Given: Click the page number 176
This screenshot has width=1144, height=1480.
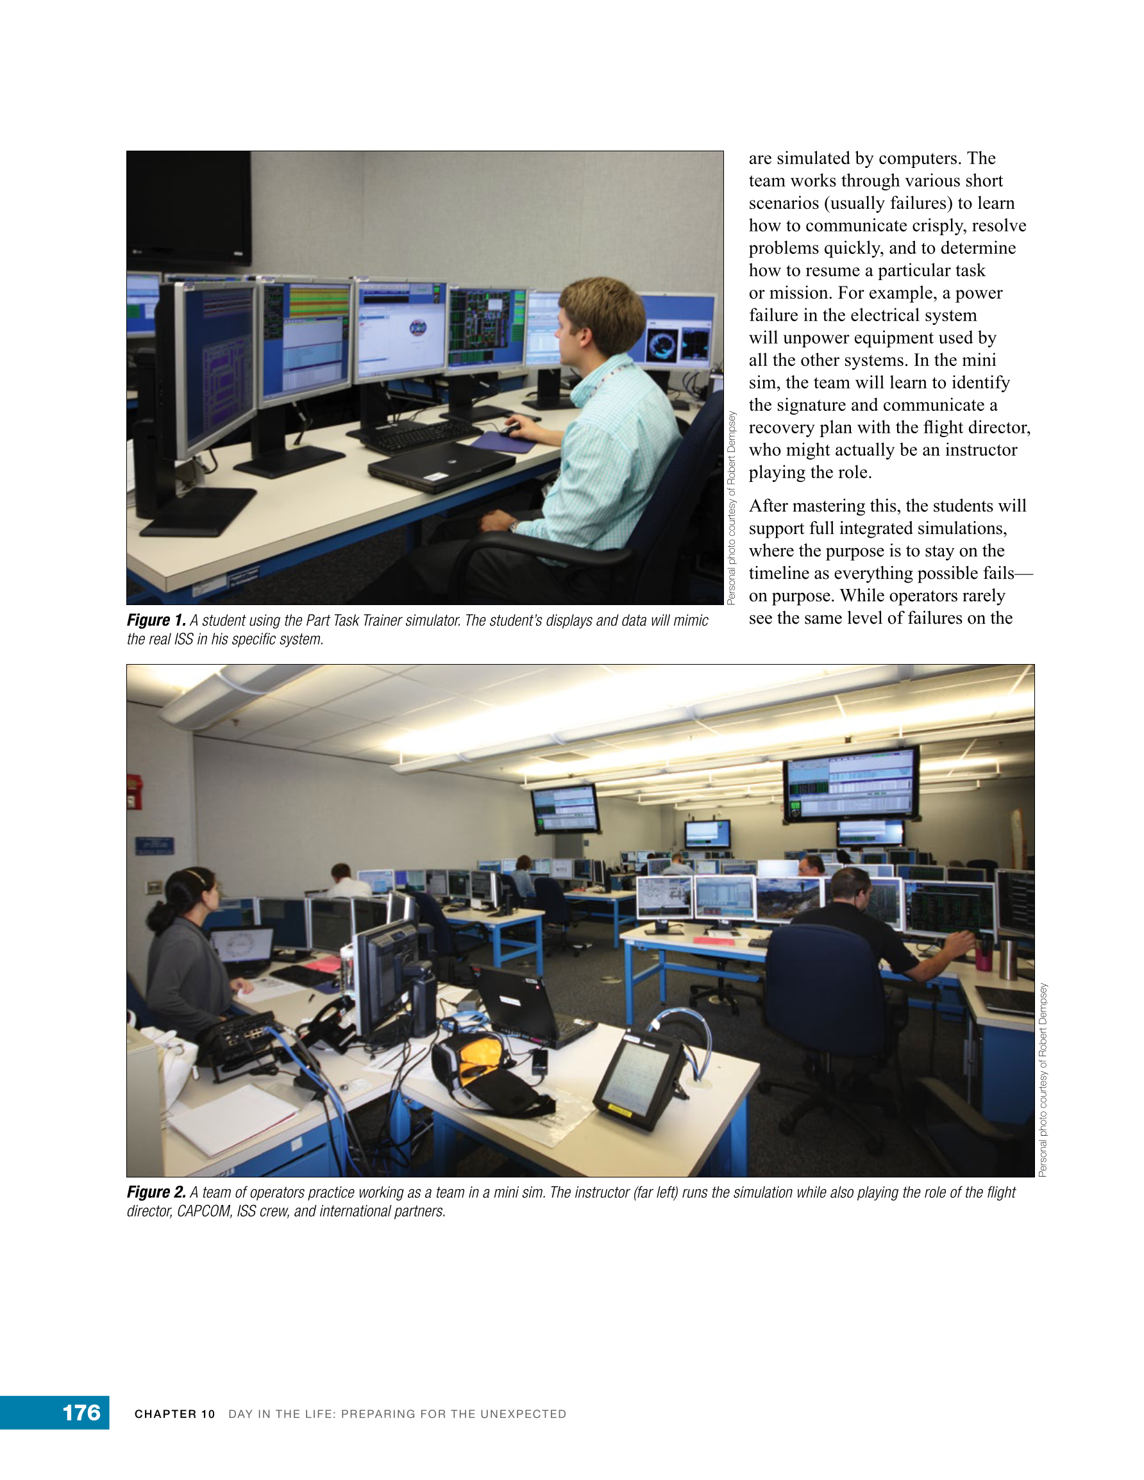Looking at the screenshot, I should click(81, 1412).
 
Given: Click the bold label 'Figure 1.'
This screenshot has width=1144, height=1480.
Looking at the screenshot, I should click(156, 620).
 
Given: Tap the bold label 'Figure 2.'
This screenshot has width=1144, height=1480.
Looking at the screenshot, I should click(156, 1192).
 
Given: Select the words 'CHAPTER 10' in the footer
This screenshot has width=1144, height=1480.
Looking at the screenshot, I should click(174, 1413).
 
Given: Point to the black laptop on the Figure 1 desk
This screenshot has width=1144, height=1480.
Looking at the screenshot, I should click(441, 465).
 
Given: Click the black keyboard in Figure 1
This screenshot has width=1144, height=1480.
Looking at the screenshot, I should click(421, 435).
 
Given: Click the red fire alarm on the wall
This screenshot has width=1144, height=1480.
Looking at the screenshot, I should click(133, 793).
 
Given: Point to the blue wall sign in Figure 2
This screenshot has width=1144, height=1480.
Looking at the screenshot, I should click(154, 845).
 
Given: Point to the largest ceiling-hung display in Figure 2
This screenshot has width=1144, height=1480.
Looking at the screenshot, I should click(850, 785).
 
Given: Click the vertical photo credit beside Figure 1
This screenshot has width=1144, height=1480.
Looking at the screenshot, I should click(731, 508).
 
